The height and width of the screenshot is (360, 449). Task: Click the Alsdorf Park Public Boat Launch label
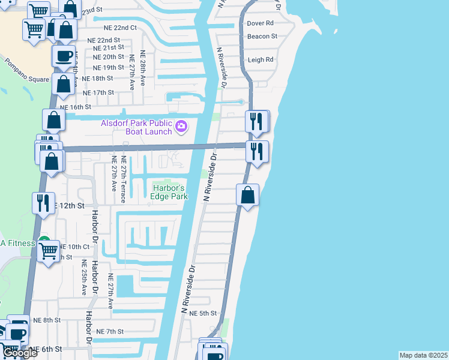click(x=137, y=127)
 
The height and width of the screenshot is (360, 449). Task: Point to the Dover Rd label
click(x=261, y=23)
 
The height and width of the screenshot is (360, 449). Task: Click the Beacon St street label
click(x=262, y=37)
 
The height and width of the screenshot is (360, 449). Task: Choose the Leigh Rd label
click(x=261, y=60)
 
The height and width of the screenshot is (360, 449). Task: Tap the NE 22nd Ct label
click(x=117, y=28)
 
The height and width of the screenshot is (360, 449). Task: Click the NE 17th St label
click(x=98, y=92)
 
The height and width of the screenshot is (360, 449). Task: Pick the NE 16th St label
click(x=75, y=107)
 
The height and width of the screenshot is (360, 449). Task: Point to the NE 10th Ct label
click(x=74, y=247)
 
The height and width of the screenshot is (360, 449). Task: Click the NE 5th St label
click(x=202, y=313)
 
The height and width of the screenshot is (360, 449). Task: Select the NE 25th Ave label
click(x=85, y=278)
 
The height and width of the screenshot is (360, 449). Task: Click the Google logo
click(x=19, y=353)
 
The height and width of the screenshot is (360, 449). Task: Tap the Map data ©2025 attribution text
click(x=424, y=355)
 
